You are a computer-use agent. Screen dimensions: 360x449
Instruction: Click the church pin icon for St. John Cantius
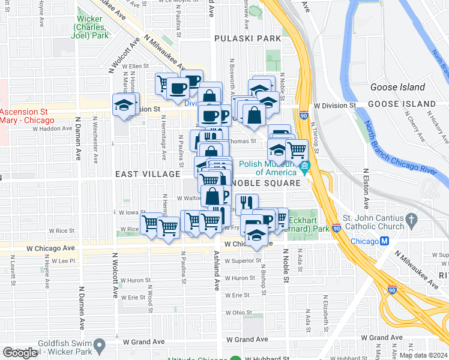[412, 220]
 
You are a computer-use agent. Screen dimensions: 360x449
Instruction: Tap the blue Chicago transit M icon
[385, 241]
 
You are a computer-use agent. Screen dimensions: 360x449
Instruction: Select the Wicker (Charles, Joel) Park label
[92, 31]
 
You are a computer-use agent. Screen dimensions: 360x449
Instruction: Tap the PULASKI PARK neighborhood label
[248, 38]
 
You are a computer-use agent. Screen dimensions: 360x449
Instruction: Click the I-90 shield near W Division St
[304, 115]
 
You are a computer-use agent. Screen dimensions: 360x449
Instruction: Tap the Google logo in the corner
[20, 353]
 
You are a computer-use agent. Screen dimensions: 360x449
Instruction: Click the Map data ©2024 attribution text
[423, 355]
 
